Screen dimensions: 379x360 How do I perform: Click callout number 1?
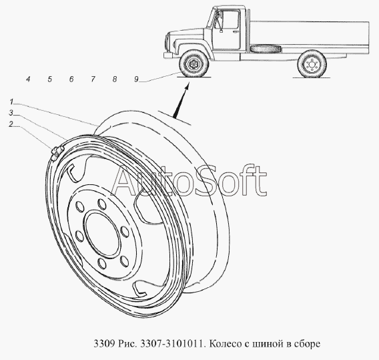click(11, 102)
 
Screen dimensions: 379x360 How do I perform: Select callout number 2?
click(11, 124)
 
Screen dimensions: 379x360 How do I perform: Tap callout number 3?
click(11, 113)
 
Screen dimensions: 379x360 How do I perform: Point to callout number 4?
click(28, 79)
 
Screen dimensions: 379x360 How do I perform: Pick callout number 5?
click(50, 79)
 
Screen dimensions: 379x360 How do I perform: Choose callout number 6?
click(71, 79)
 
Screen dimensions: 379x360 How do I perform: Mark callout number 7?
click(93, 79)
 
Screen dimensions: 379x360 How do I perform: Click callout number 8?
click(115, 79)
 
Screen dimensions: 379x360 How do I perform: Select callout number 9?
click(137, 79)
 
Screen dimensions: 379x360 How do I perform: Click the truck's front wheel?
click(194, 64)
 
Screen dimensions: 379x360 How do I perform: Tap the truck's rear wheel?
click(312, 64)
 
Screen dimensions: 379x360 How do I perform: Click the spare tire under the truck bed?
click(266, 49)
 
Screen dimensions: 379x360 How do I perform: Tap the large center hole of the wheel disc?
click(103, 233)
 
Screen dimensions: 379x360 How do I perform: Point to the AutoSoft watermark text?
click(189, 181)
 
